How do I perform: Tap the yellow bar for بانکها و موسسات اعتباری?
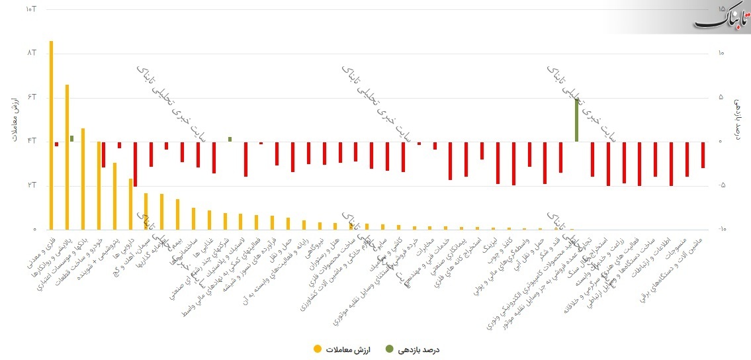83,179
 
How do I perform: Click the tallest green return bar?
576,120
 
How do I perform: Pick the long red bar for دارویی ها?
135,163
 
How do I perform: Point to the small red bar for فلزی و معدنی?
56,144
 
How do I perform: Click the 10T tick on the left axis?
30,9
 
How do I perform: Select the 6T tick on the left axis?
30,97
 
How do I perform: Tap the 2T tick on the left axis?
30,185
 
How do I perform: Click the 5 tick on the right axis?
722,97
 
